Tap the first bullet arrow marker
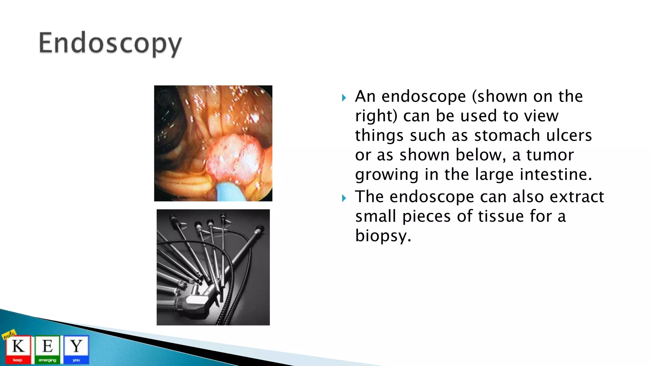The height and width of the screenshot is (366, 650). pos(344,98)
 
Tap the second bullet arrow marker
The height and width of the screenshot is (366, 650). pos(344,198)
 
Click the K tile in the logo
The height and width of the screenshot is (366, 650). pos(18,349)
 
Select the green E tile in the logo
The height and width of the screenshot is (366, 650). pos(47,349)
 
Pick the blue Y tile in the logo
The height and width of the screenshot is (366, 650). pos(76,349)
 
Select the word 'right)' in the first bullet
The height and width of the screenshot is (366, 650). pos(376,116)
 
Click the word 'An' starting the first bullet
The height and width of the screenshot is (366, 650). pos(365,96)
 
